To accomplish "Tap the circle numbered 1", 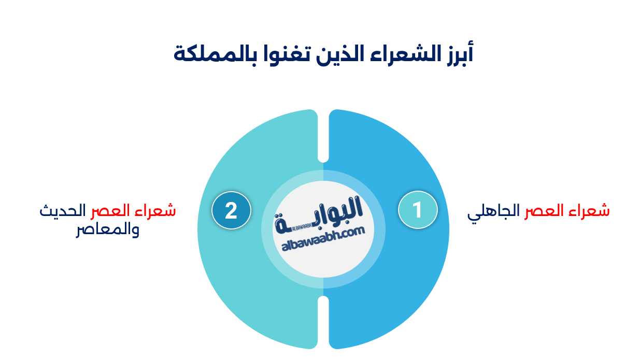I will (x=418, y=210).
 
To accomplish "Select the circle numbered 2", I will (x=231, y=210).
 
